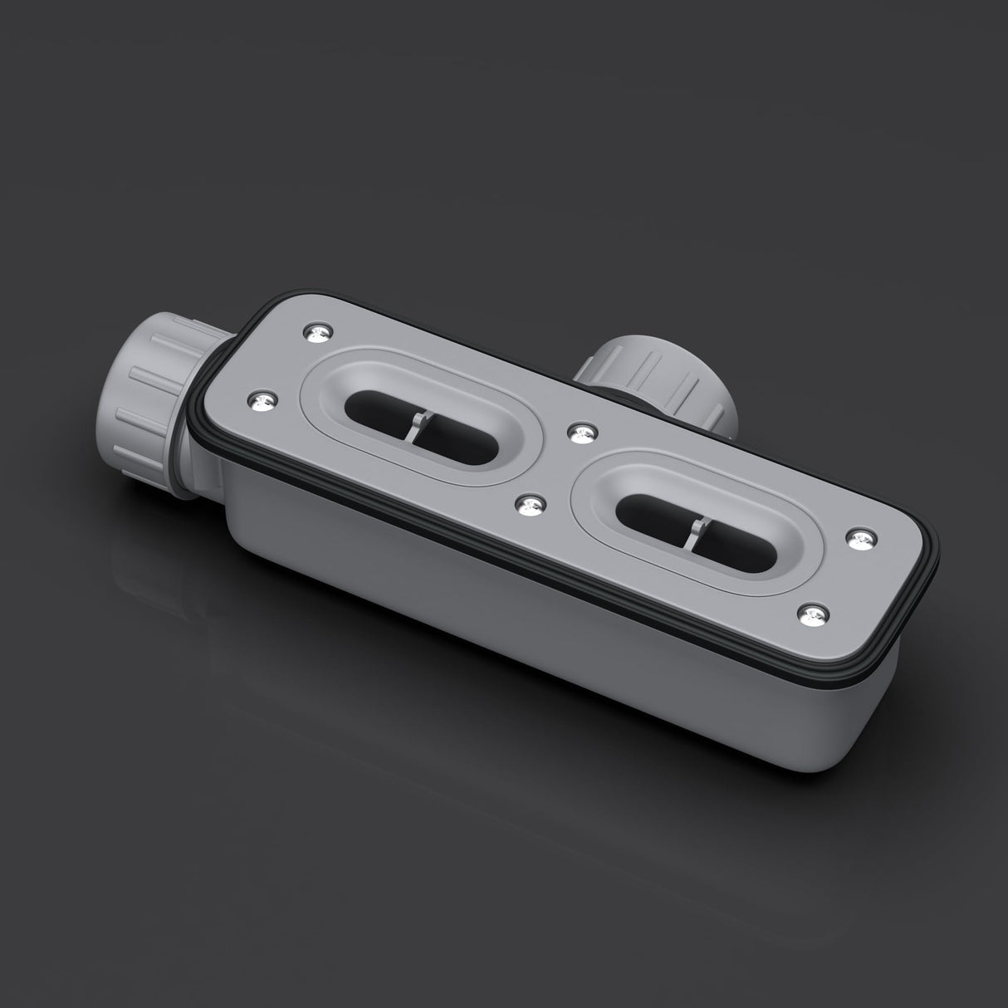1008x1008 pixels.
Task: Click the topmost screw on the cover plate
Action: [x=317, y=333]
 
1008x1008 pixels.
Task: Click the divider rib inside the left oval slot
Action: [x=417, y=424]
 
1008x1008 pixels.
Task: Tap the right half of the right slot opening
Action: [x=743, y=548]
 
